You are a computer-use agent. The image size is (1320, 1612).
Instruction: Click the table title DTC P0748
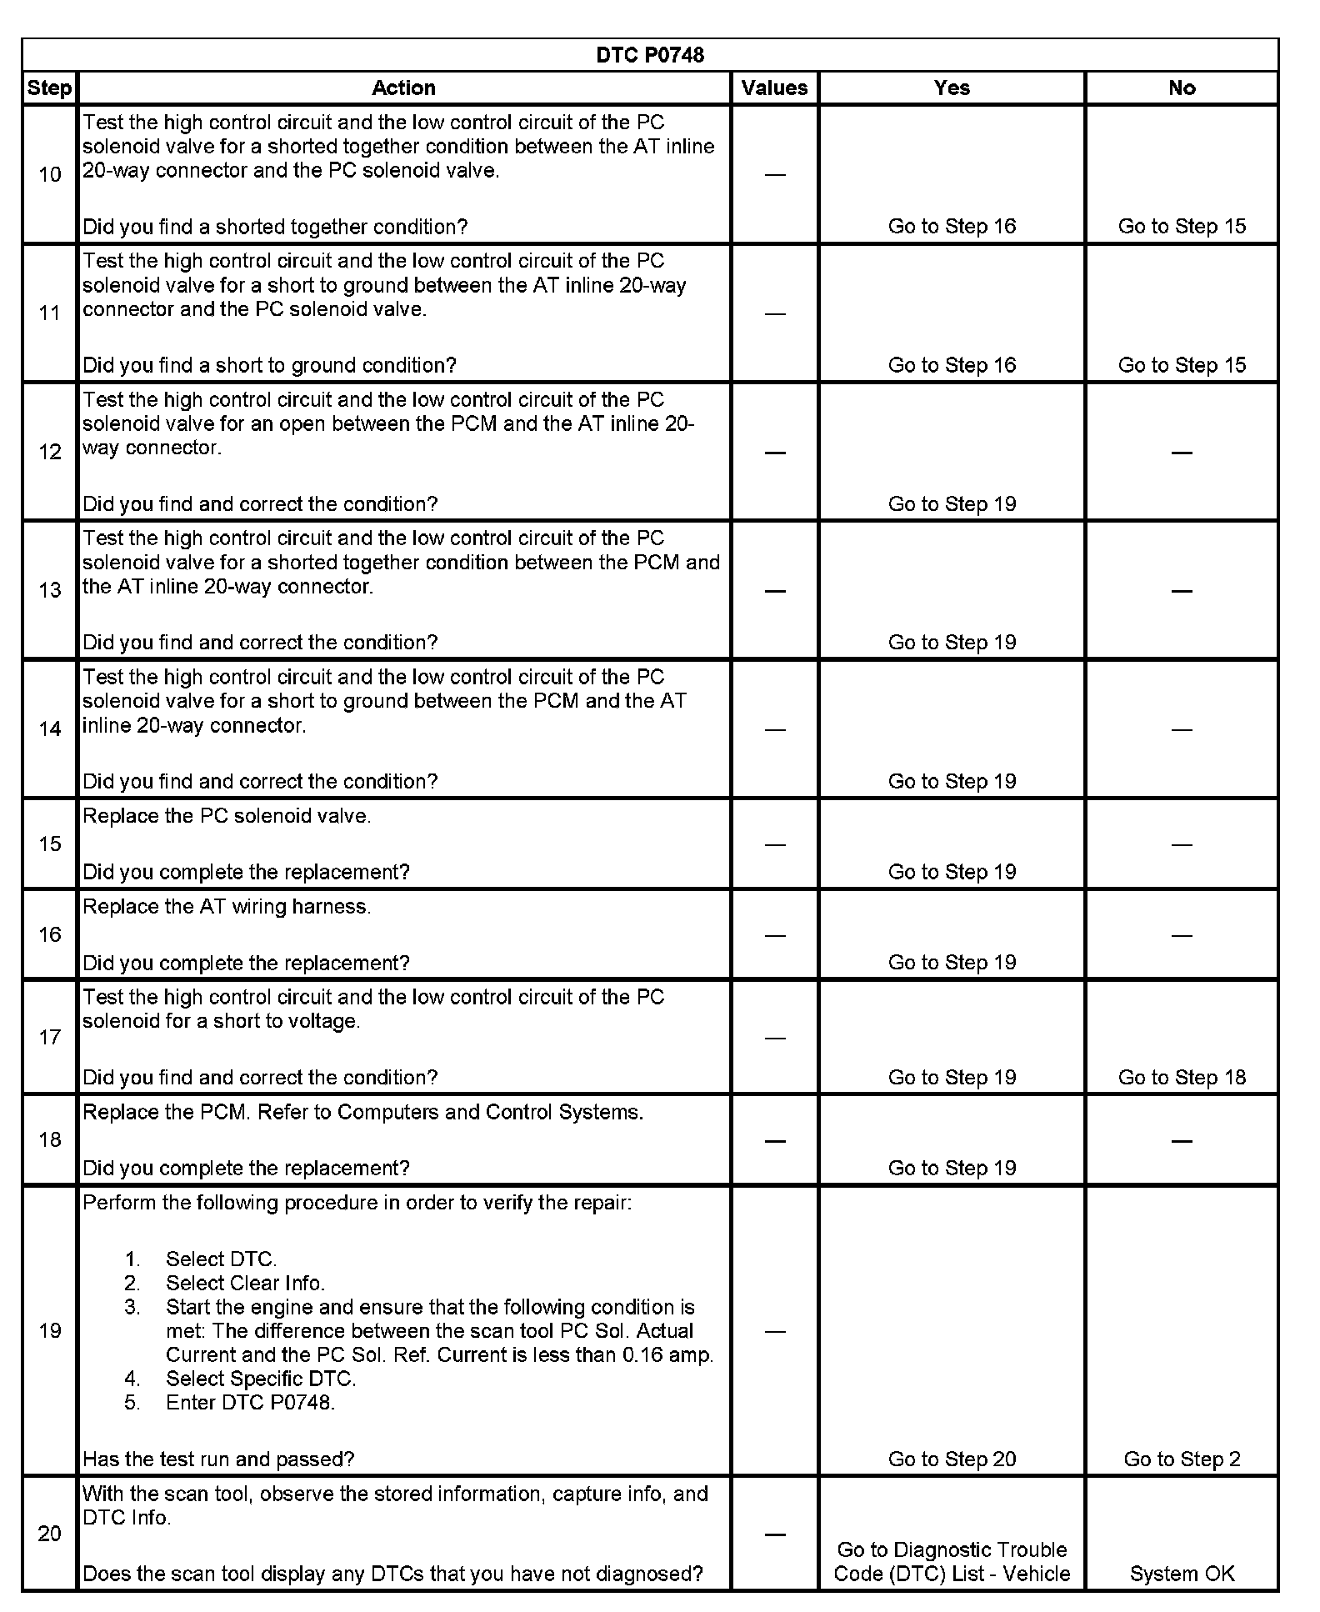650,55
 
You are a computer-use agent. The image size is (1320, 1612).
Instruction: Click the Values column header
774,88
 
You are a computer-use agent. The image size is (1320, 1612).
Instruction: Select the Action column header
403,88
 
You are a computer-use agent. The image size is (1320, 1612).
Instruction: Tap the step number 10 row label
50,174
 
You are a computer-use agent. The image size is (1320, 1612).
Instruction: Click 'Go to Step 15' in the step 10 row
1182,227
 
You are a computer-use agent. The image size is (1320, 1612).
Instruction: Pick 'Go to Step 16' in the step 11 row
952,365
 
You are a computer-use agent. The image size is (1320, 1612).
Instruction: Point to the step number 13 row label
50,590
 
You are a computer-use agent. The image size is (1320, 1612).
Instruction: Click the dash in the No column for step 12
1182,453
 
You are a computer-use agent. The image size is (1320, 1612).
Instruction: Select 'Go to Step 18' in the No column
1182,1078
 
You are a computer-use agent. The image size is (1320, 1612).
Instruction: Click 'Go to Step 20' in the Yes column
952,1459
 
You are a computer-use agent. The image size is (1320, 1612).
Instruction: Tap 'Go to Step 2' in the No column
1182,1459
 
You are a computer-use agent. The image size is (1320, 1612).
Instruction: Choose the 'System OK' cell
1182,1574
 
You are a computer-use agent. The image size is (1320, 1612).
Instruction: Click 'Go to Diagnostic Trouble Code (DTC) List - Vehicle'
952,1562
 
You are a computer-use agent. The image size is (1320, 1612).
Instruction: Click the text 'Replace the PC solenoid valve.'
227,816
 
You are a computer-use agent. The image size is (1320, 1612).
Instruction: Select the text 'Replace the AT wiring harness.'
227,907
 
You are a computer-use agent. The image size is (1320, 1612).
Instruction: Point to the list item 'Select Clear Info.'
245,1284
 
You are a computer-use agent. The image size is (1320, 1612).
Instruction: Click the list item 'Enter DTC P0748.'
250,1403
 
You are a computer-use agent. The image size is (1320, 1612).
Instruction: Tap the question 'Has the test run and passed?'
218,1459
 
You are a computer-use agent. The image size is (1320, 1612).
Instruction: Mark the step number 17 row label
50,1037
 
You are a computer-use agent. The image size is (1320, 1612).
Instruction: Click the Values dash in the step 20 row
774,1534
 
